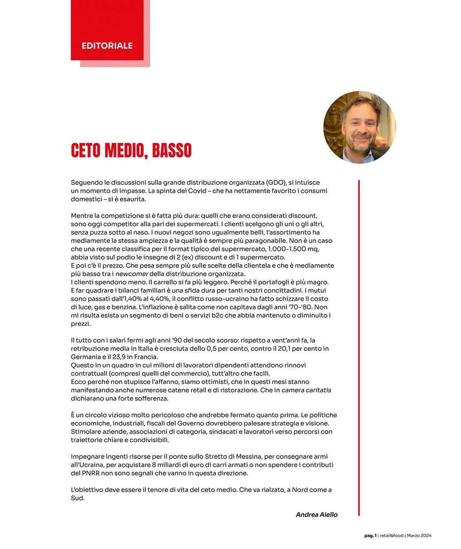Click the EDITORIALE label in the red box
[x=107, y=46]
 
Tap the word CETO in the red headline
[x=86, y=151]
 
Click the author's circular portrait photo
[x=359, y=127]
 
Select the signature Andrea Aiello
[x=316, y=515]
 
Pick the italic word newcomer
[x=132, y=274]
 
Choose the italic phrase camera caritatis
[x=306, y=390]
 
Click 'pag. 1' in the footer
[x=371, y=536]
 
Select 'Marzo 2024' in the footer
[x=419, y=536]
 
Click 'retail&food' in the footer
[x=392, y=536]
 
